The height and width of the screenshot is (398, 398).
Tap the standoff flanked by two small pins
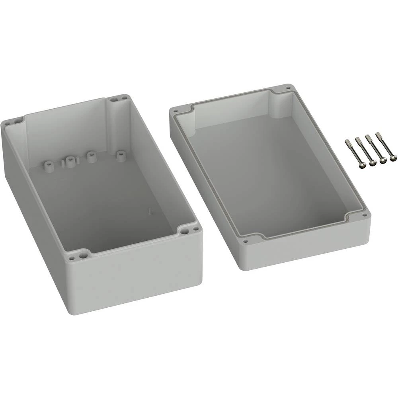(70, 162)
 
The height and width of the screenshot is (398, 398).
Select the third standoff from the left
(91, 156)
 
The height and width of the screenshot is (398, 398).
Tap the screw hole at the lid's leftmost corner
(175, 109)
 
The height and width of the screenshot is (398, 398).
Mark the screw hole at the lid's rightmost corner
(364, 215)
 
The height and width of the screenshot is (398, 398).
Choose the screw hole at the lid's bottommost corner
(245, 241)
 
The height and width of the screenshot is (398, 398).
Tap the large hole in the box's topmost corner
(115, 99)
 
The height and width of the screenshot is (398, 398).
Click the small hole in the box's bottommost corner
(72, 258)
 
